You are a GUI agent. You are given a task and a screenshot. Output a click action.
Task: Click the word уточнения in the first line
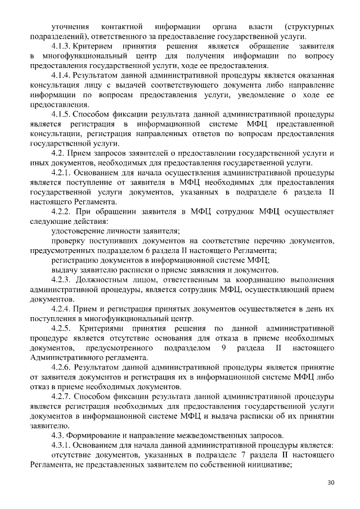coord(71,26)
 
